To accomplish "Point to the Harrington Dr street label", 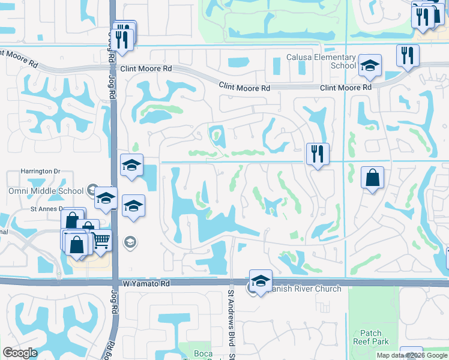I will pyautogui.click(x=40, y=171).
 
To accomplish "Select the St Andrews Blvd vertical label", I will pyautogui.click(x=231, y=319).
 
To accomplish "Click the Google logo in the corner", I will pyautogui.click(x=20, y=353).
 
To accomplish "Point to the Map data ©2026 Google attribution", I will pyautogui.click(x=412, y=355).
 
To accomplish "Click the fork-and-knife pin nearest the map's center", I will pyautogui.click(x=316, y=154).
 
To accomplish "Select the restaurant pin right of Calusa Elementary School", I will pyautogui.click(x=408, y=56).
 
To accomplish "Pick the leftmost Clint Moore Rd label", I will pyautogui.click(x=146, y=69).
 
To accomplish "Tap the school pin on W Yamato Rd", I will pyautogui.click(x=261, y=281).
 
